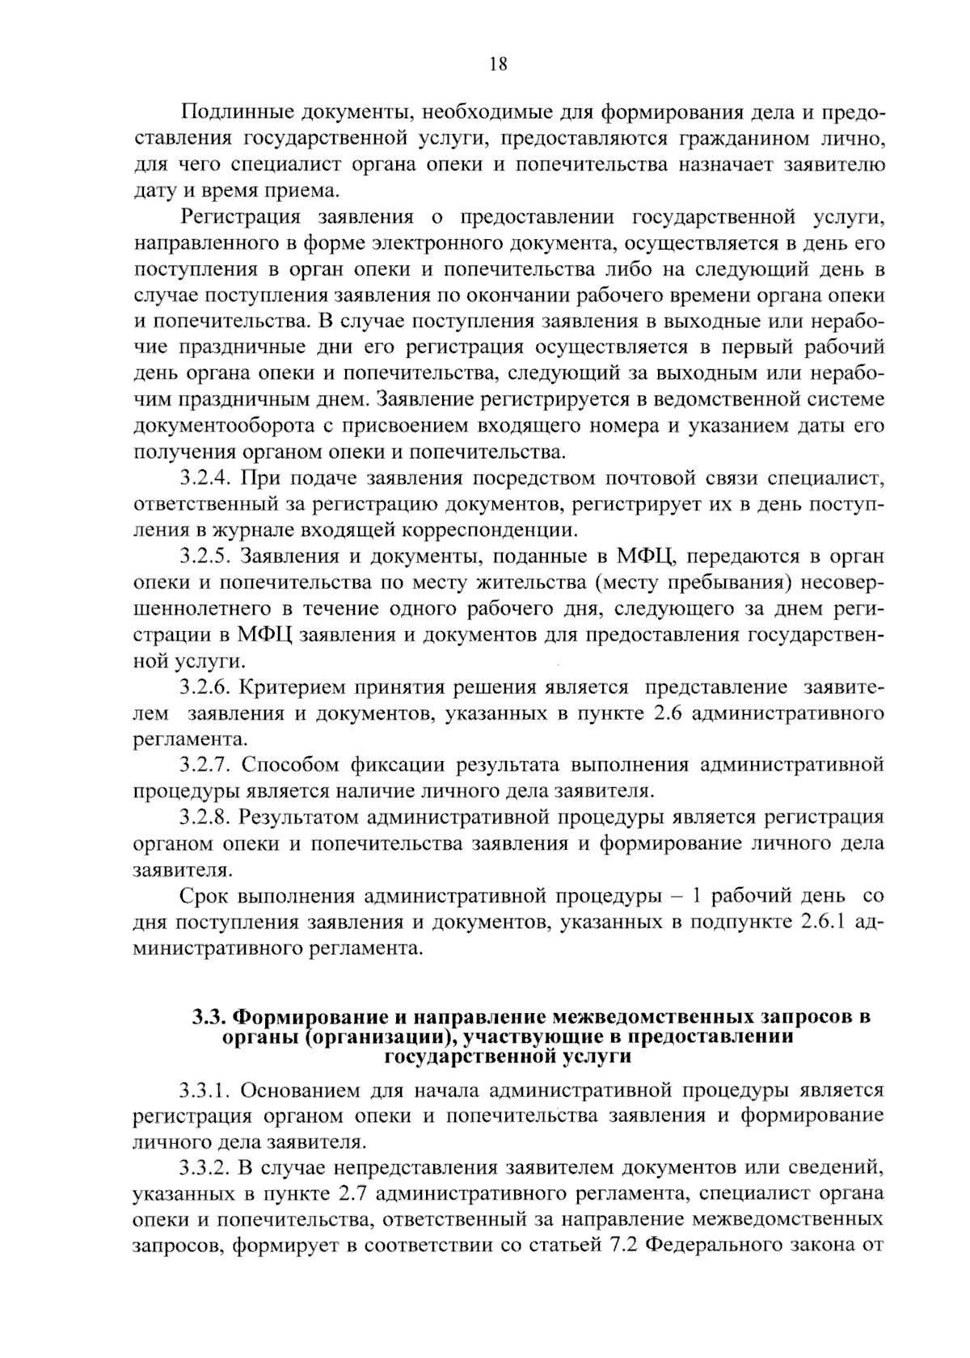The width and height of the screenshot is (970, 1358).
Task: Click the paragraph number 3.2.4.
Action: [x=207, y=478]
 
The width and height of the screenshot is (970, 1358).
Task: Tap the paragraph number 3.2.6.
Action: [x=207, y=687]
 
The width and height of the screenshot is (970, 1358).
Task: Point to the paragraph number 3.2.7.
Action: [x=207, y=764]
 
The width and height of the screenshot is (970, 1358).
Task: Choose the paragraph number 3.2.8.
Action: [x=207, y=817]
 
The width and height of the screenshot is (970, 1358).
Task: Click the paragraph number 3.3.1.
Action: [x=207, y=1091]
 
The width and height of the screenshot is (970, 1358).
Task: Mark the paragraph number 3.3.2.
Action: [x=207, y=1167]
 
